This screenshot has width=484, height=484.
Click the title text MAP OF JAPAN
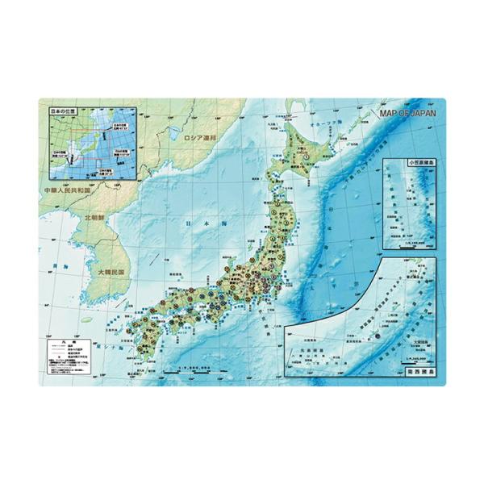[x=407, y=114]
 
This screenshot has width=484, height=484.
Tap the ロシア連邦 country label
[x=202, y=138]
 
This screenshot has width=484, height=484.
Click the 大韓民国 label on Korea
[x=112, y=273]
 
